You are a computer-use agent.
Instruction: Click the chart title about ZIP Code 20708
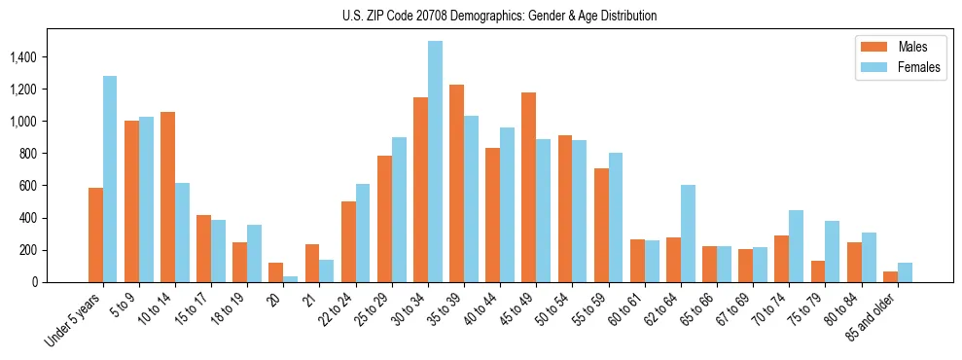pos(499,16)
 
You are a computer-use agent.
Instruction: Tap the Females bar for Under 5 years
pos(110,179)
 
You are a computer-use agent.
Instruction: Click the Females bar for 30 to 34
pos(435,162)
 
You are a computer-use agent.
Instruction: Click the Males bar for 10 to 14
pos(167,197)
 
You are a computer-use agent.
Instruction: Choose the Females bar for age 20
pos(291,279)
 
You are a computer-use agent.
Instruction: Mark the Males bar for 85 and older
pos(890,276)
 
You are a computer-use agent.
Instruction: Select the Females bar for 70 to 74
pos(796,246)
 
